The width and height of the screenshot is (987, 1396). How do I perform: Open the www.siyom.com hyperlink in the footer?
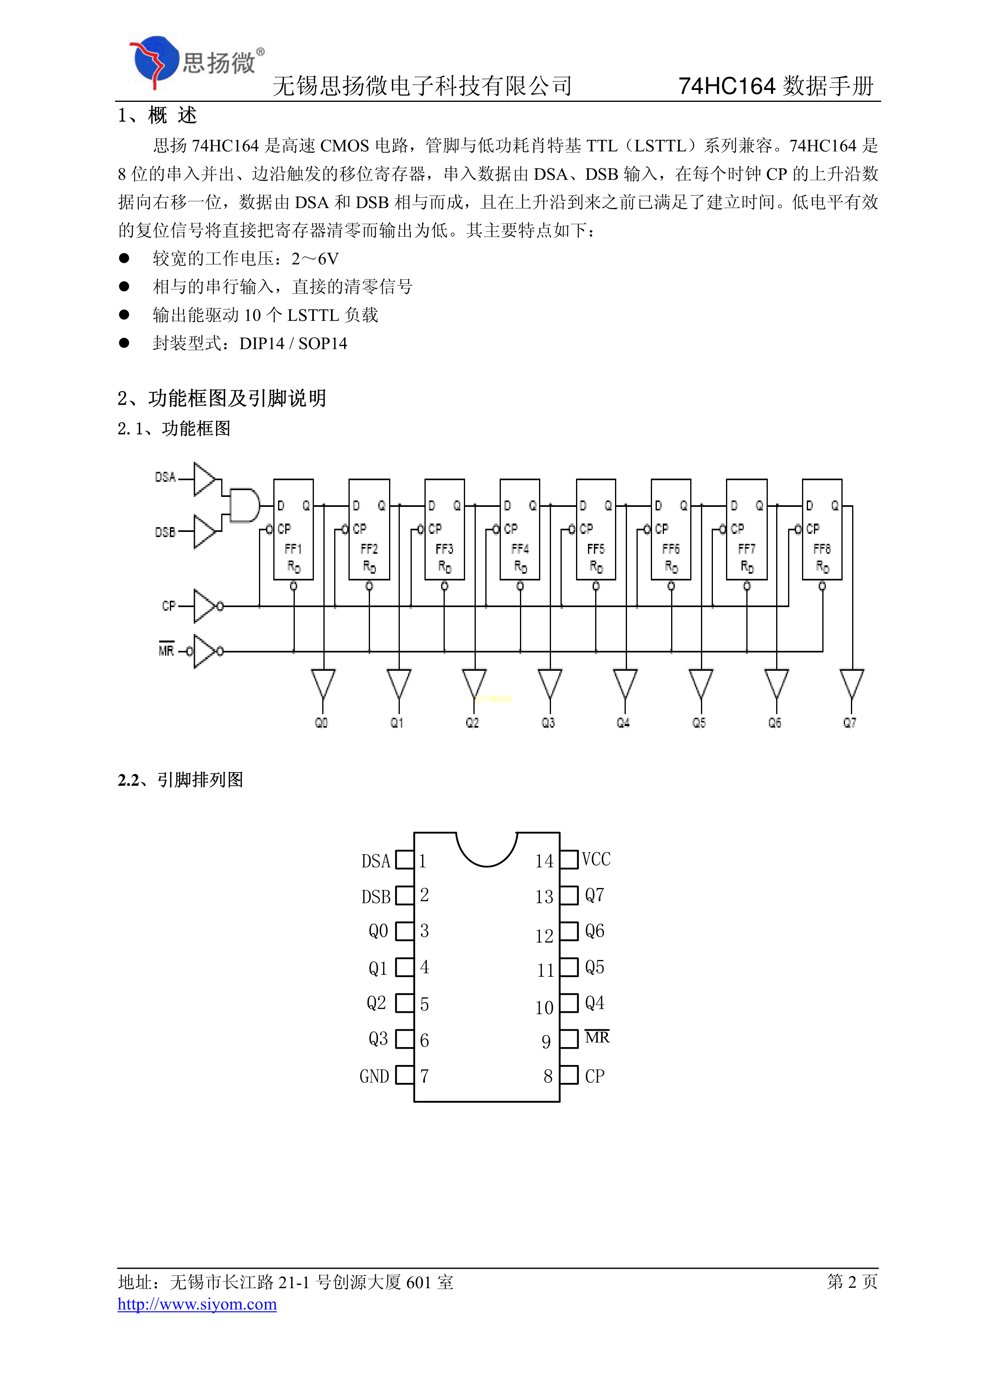(197, 1304)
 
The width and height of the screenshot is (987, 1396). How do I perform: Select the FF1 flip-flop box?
(293, 529)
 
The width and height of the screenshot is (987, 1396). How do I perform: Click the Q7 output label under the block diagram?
(850, 723)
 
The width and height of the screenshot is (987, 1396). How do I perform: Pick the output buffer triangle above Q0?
(323, 683)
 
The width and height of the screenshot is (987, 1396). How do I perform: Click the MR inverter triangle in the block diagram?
(204, 651)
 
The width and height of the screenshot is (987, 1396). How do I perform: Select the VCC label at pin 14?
(596, 859)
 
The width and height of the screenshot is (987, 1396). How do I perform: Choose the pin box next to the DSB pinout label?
(405, 896)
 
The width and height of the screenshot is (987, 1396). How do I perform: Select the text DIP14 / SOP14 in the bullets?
(293, 343)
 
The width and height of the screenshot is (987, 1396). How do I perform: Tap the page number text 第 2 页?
(851, 1282)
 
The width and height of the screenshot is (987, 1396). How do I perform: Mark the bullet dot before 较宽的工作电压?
(124, 259)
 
